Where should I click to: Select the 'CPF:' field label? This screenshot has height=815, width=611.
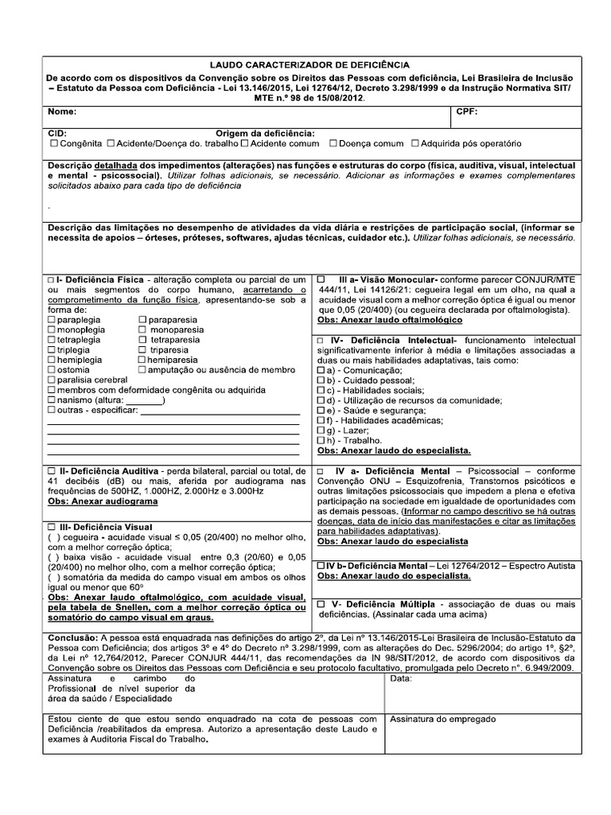coord(467,112)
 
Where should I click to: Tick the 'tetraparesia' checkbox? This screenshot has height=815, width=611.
coord(143,339)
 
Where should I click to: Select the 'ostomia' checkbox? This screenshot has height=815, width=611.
coord(52,370)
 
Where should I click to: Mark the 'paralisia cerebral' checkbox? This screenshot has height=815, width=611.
coord(52,380)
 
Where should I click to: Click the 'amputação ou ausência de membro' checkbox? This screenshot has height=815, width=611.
coord(142,370)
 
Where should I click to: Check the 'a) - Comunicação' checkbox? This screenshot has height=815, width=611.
coord(321,371)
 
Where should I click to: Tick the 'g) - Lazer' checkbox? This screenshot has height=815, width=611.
coord(321,429)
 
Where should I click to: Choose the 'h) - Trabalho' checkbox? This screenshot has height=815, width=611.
coord(321,439)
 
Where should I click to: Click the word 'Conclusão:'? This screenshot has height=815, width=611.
coord(73,638)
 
